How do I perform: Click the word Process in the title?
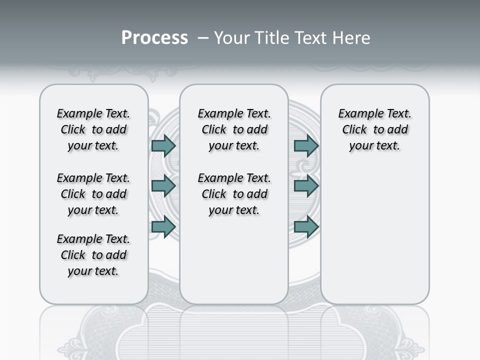click(x=154, y=38)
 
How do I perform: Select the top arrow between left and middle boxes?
click(x=163, y=145)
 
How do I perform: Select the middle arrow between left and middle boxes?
click(x=163, y=186)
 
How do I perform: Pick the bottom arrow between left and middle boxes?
click(x=163, y=226)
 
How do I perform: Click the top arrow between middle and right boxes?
click(x=306, y=145)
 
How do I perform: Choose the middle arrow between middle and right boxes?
click(x=306, y=186)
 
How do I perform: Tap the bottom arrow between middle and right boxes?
click(x=306, y=226)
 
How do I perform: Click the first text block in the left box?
click(x=93, y=129)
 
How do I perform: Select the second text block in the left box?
click(x=93, y=194)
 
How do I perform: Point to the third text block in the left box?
click(x=93, y=255)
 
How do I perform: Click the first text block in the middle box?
click(x=234, y=129)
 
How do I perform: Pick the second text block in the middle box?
click(x=234, y=194)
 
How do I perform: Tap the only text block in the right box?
click(x=374, y=129)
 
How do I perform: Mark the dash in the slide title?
click(x=203, y=38)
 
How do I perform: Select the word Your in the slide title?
click(x=231, y=38)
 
